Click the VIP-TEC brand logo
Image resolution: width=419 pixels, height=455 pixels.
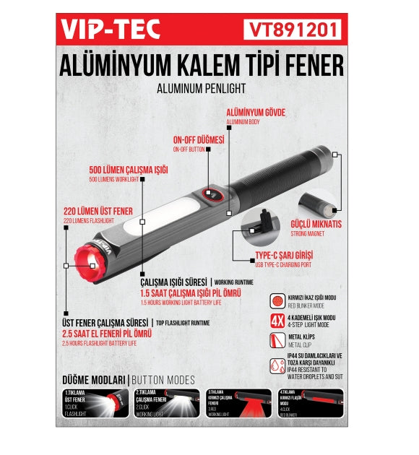coord(111,30)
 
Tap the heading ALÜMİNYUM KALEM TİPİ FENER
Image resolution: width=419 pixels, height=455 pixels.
coord(202,66)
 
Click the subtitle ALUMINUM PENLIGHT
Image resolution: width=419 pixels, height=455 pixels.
coord(201,88)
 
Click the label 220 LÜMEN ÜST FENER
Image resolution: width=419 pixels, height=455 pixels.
coord(98,211)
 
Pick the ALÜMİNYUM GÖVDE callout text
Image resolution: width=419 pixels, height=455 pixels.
coord(256,113)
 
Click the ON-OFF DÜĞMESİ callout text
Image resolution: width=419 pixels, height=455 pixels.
coord(198,139)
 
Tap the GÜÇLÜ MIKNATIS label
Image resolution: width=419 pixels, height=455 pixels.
coord(316,223)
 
